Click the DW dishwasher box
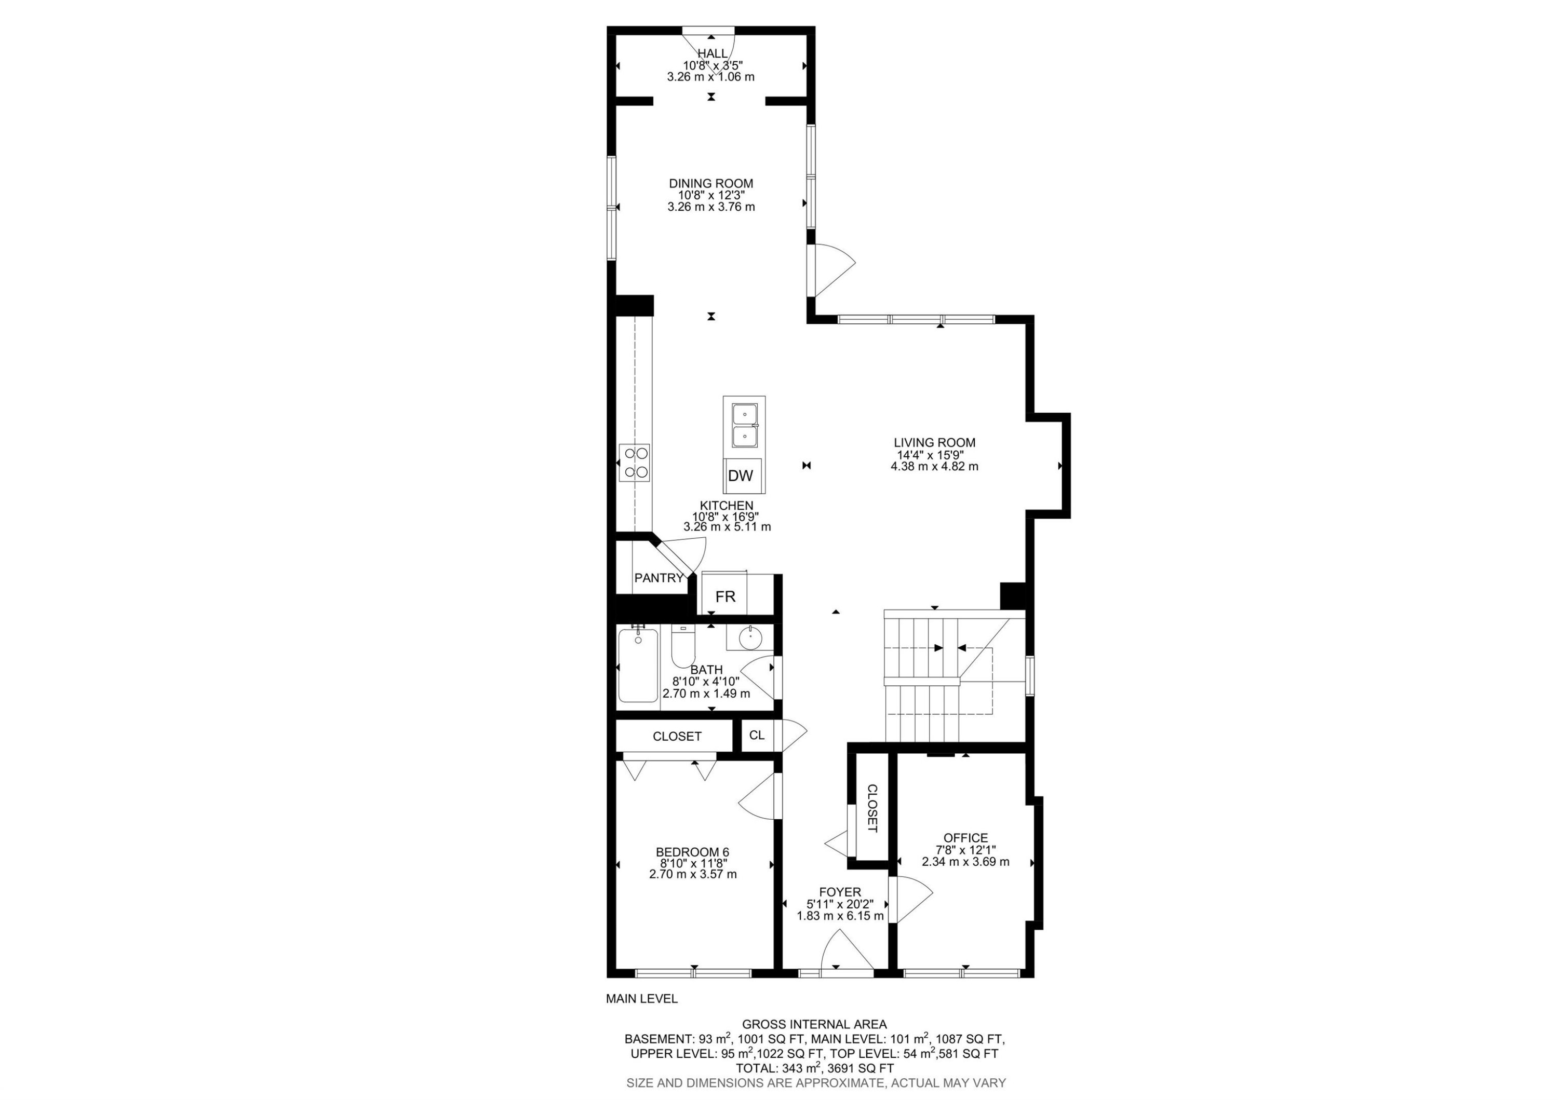[x=741, y=476]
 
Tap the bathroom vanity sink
[x=750, y=637]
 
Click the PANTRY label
[x=658, y=578]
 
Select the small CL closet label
[x=757, y=735]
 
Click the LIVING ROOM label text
[x=934, y=442]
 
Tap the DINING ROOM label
[x=710, y=183]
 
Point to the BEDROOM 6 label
[x=692, y=852]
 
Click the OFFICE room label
[x=965, y=837]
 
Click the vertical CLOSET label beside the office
[x=872, y=808]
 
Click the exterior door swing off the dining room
[x=831, y=269]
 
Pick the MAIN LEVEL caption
[x=641, y=998]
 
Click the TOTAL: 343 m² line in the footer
[x=814, y=1068]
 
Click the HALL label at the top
[x=713, y=53]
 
